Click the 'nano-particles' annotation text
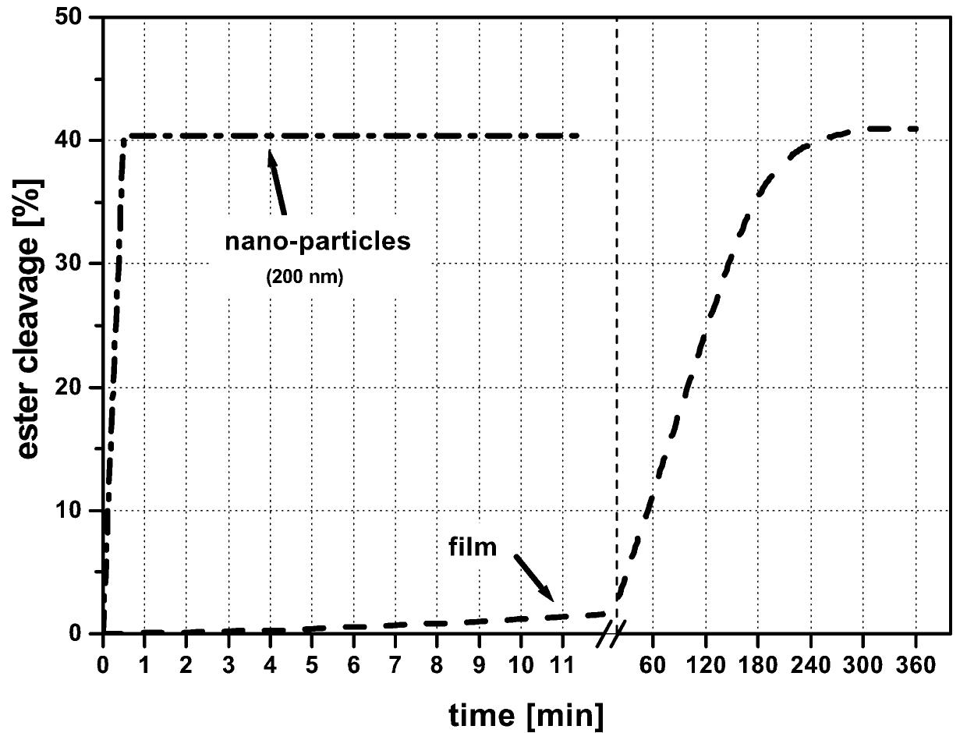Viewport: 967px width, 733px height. (317, 241)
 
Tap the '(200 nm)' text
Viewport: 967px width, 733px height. (304, 277)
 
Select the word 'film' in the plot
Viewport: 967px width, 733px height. (473, 547)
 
